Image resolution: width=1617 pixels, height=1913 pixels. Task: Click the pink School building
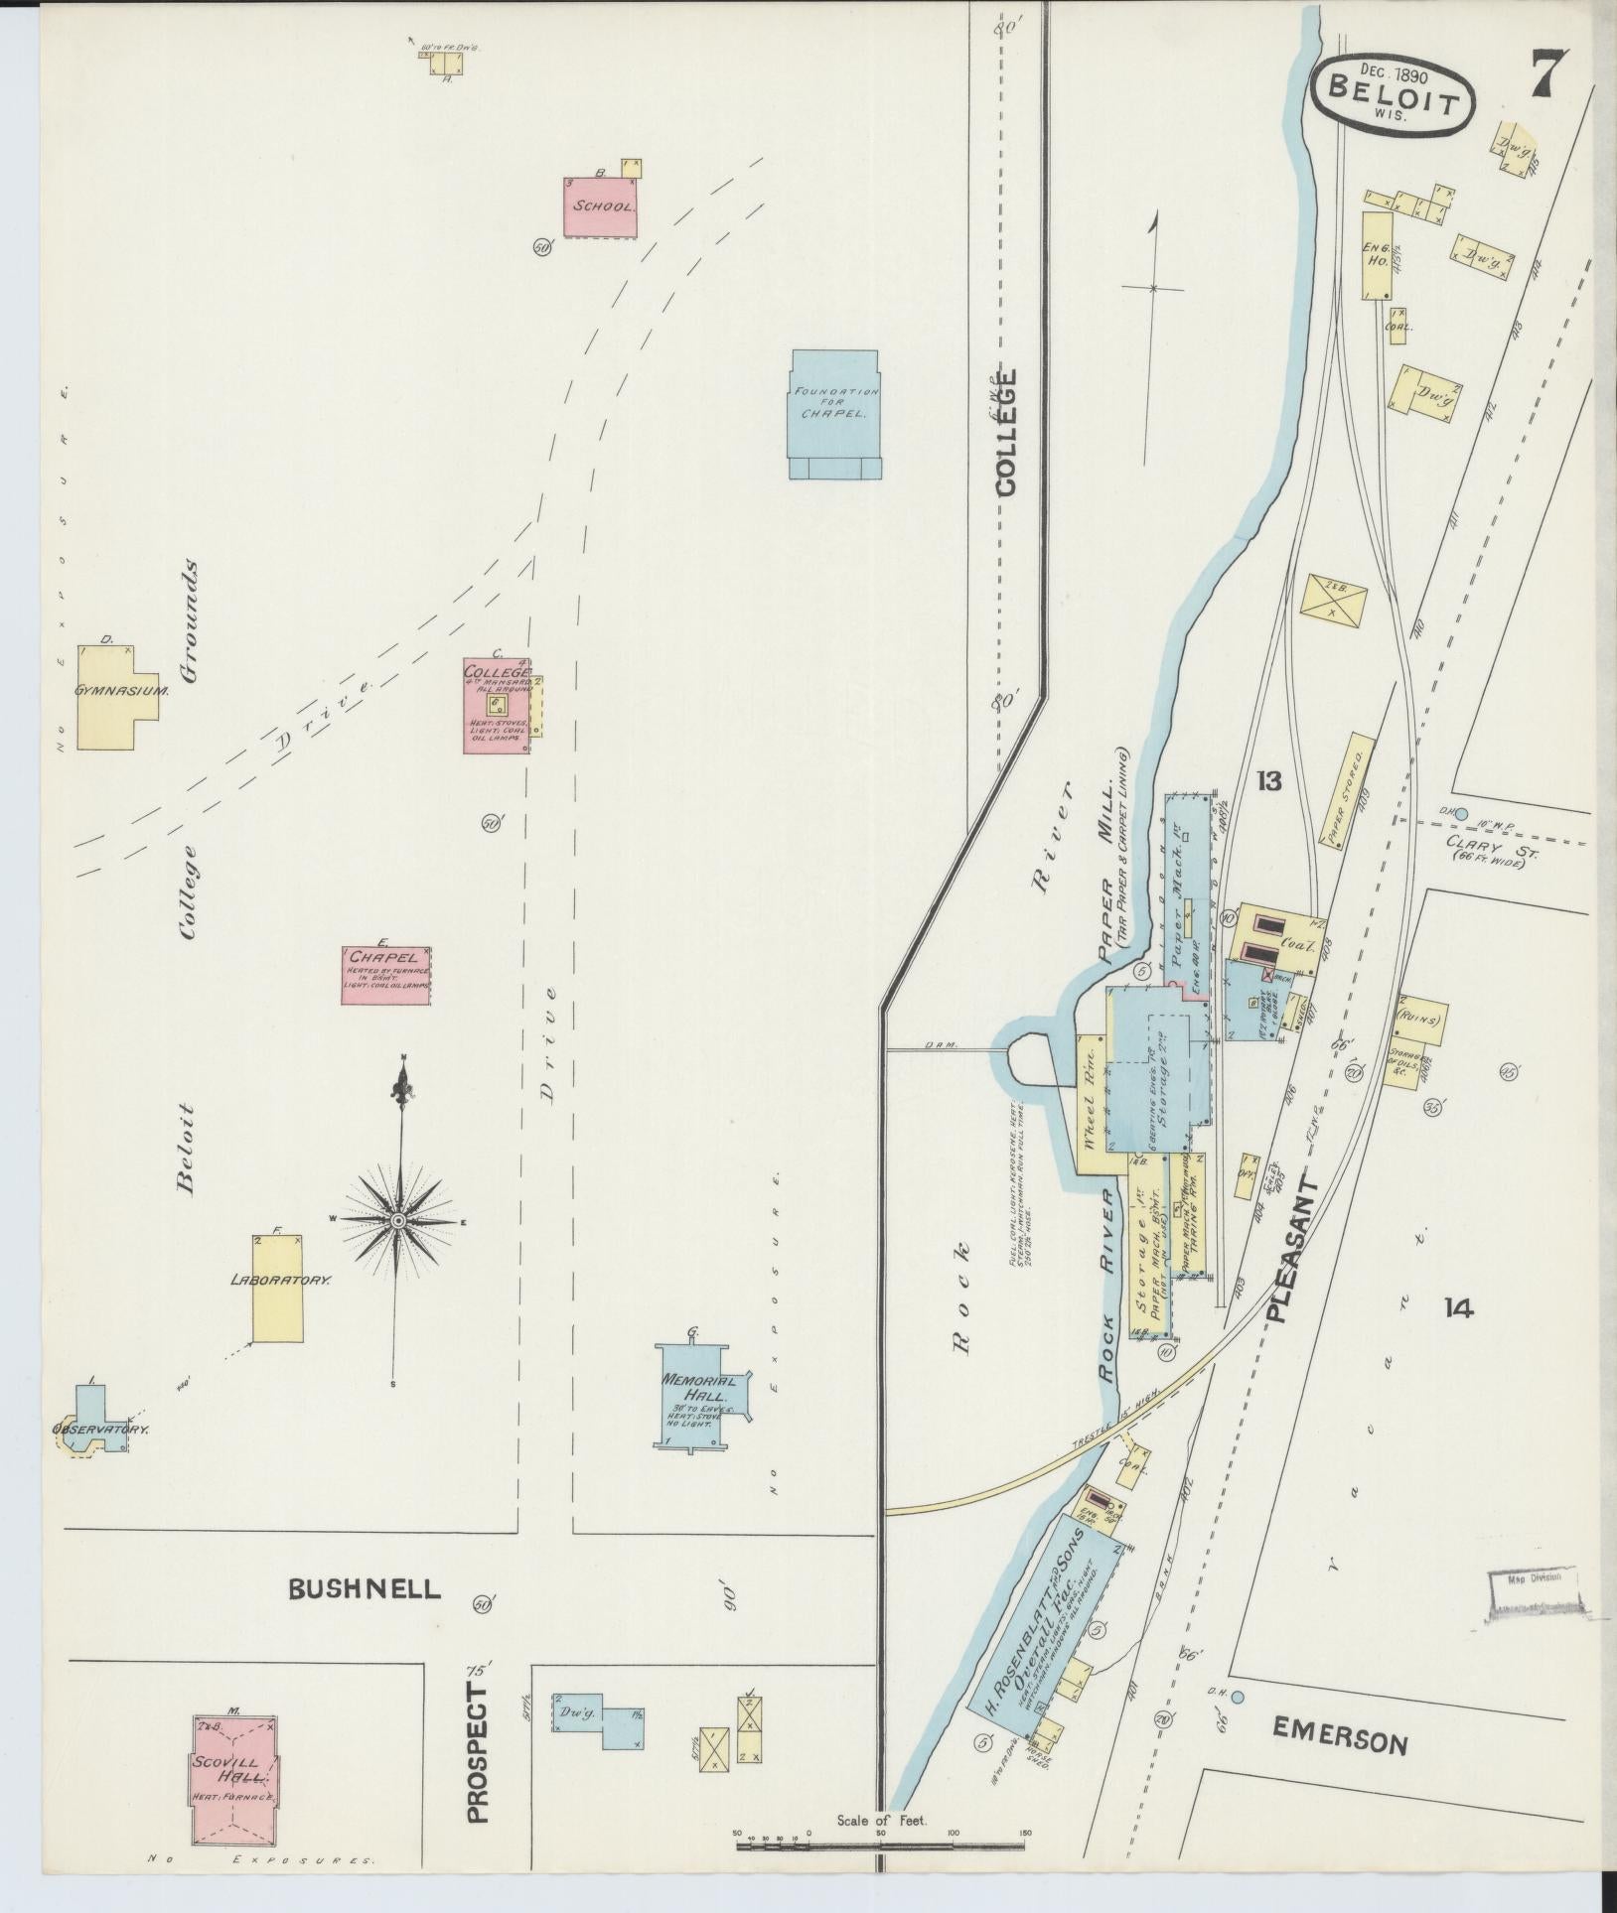(601, 208)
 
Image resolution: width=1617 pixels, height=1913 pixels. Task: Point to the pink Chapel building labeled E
(386, 976)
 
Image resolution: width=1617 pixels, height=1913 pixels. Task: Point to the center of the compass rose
(397, 1220)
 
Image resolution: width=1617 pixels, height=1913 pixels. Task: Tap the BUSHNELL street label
(364, 1589)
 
